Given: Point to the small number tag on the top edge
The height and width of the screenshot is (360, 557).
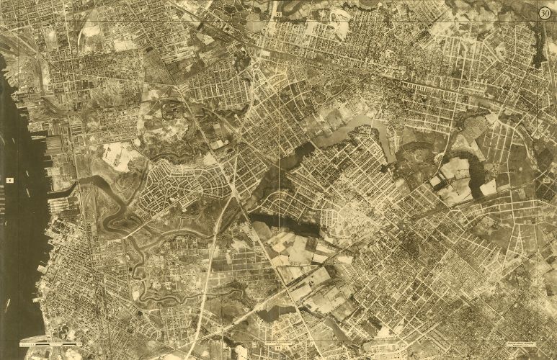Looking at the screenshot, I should coord(277,14).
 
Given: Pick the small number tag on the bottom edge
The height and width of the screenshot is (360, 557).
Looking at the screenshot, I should coord(277,347).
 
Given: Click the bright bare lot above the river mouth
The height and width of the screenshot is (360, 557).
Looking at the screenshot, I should coord(119,155).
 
